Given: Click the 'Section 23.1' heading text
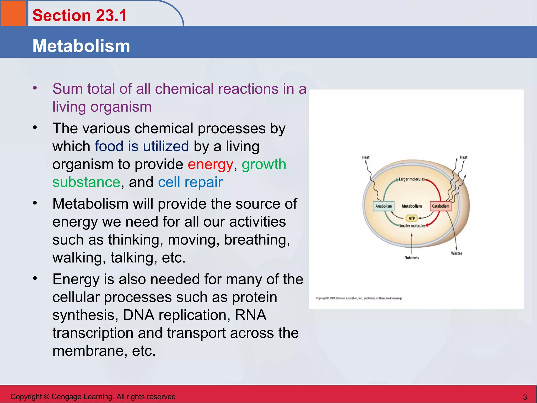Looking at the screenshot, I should coord(79,15).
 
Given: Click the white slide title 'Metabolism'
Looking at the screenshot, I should coord(81,46).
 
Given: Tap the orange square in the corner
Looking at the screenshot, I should coord(13,13).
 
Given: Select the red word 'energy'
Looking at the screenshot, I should coord(210,165).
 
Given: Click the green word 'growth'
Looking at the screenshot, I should coord(264,165).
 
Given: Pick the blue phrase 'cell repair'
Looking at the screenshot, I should coord(190,182).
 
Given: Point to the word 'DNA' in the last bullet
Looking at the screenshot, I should coord(138,315).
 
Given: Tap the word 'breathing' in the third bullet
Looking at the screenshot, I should coord(257,240).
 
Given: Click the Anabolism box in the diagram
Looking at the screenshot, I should coord(383,206).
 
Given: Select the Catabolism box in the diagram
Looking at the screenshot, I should coord(441,206).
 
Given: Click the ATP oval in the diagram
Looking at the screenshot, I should coord(412,218).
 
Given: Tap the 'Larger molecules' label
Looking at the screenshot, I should coord(411,179).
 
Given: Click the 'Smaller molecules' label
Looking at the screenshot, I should coord(412,226).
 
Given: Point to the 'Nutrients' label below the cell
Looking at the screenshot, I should coord(411,258).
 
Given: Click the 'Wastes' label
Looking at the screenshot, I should coord(457,253).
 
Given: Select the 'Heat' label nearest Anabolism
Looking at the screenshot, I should coord(366,157).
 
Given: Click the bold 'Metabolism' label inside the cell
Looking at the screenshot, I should coord(412,206).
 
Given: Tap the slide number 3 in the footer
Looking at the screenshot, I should coord(525,397).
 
